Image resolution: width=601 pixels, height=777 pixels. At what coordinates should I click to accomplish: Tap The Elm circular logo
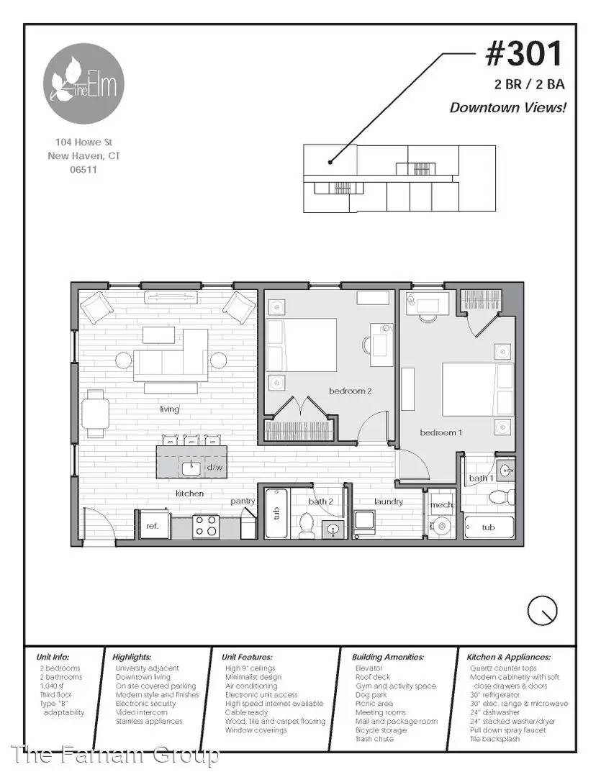coord(83,83)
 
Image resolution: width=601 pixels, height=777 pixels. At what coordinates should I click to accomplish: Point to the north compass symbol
coord(542,611)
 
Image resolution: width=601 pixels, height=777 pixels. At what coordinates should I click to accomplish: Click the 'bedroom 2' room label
coord(350,391)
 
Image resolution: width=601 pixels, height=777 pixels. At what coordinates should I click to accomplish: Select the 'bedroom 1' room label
coord(440,432)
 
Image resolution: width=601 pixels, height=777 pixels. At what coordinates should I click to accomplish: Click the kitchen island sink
coord(191,468)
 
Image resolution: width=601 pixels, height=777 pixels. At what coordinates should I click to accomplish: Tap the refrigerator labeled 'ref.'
coord(153,525)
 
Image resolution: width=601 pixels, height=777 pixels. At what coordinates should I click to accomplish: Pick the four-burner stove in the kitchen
coord(206,526)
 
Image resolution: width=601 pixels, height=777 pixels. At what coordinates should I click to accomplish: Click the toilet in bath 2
coord(307,525)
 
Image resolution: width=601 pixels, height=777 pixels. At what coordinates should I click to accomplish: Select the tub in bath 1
coord(489,527)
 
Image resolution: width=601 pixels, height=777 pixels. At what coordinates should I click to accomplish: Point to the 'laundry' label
coord(389,501)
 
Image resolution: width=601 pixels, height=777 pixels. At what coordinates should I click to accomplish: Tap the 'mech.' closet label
coord(443,505)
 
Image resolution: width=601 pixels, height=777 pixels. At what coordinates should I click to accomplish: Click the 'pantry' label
coord(243,501)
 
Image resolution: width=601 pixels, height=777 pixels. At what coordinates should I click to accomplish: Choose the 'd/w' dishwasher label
coord(214,468)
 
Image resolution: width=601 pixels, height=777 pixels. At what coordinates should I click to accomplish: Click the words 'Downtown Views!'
coord(507,107)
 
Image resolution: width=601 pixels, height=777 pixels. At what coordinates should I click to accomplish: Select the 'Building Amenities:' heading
coord(388,657)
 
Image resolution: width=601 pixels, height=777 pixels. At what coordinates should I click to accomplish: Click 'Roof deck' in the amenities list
coord(372,677)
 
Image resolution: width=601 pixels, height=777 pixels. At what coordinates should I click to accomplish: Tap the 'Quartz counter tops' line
coord(503,668)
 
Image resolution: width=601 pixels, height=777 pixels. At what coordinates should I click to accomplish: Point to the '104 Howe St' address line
coord(83,142)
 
